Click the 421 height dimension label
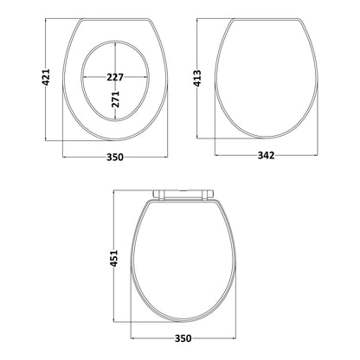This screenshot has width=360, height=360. pos(46,77)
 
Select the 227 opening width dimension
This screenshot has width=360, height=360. pos(115,77)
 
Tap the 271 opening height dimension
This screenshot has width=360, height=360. pos(115,99)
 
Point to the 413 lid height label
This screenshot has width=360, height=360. pos(197,78)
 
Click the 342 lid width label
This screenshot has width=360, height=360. pos(266,156)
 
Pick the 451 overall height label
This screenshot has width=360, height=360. pos(114,258)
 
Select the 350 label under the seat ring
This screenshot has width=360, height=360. pos(115,157)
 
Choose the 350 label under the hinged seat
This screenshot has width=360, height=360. pos(183,338)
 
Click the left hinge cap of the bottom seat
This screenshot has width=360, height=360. pos(157,195)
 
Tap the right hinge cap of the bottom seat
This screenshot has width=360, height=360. pos(209,195)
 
